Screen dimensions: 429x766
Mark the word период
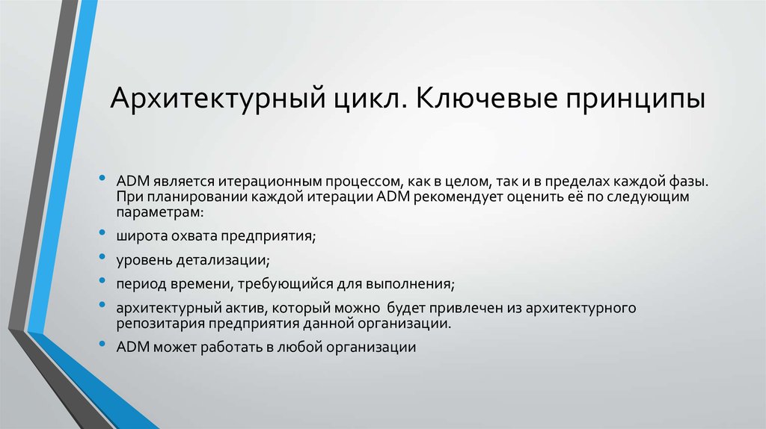(138, 284)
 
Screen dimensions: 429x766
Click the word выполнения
(415, 284)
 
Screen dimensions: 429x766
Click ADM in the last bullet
(132, 347)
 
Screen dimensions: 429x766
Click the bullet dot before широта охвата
(102, 234)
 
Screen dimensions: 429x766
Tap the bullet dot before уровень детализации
(102, 258)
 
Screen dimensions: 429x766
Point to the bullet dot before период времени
(102, 282)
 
